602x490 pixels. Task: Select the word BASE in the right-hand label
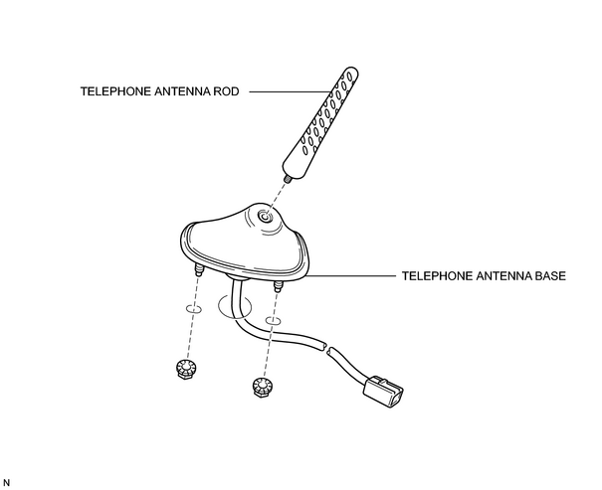click(x=550, y=276)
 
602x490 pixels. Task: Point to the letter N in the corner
click(x=6, y=483)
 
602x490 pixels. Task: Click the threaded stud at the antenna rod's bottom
click(x=286, y=178)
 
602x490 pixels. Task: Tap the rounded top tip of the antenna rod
click(x=351, y=72)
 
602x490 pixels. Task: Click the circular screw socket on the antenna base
click(x=265, y=218)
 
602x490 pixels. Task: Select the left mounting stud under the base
click(x=199, y=270)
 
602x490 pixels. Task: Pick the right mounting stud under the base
click(x=278, y=286)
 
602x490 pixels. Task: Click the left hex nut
click(x=186, y=369)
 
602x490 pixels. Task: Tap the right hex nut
click(x=263, y=387)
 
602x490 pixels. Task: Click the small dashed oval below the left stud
click(x=194, y=309)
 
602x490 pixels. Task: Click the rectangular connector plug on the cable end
click(x=383, y=391)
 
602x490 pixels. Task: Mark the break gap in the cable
click(x=327, y=349)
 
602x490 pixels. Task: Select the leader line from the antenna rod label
click(x=290, y=92)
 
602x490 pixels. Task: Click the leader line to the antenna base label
click(x=351, y=276)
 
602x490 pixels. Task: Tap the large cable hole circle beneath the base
click(x=234, y=306)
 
